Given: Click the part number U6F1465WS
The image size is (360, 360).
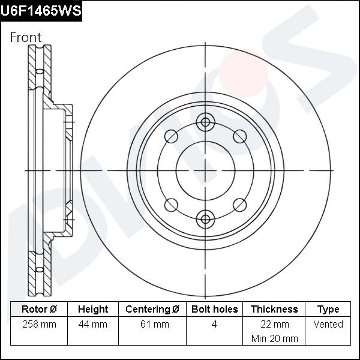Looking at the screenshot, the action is point(41,11).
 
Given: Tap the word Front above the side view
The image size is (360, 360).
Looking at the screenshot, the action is point(26,37).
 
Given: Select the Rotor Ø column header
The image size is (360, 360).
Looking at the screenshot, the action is point(39,309).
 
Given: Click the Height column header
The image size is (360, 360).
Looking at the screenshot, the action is point(93,309).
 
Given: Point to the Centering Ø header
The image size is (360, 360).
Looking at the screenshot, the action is point(152,309).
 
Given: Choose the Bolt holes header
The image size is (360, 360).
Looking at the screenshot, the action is point(214,309).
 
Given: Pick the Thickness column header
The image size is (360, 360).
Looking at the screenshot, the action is point(274,309).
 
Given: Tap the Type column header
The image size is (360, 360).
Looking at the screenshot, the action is point(328,310).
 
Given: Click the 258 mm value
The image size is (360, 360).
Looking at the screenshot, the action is point(39,325).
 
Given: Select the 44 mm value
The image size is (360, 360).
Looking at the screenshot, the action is point(93,325).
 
